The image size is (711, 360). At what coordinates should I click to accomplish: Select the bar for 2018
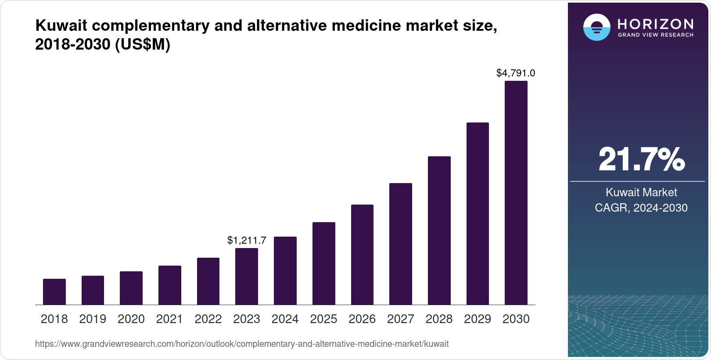click(54, 292)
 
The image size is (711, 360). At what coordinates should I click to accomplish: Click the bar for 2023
click(247, 276)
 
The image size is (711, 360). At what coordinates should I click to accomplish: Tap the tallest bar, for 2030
click(516, 193)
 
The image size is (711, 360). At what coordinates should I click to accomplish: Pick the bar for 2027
click(400, 244)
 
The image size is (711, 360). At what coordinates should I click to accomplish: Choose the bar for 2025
click(323, 263)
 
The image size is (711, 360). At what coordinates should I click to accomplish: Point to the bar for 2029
click(478, 213)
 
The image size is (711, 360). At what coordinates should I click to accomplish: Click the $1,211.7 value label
click(247, 240)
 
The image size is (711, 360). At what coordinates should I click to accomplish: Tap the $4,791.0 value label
click(516, 73)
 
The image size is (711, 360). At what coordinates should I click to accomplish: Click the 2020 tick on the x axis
click(131, 319)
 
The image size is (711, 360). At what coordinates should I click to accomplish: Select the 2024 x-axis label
click(285, 319)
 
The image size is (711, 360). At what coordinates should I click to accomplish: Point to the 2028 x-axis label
click(439, 319)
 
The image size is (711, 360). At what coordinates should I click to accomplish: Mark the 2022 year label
click(208, 319)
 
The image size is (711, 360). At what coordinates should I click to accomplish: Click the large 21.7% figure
click(641, 159)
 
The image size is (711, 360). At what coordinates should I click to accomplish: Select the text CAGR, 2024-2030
click(641, 208)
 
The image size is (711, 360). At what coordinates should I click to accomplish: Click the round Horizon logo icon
click(596, 27)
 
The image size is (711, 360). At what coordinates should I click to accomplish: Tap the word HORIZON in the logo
click(655, 24)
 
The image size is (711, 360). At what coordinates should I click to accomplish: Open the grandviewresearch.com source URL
click(242, 344)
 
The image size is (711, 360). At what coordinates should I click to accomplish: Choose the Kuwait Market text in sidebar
click(641, 192)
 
